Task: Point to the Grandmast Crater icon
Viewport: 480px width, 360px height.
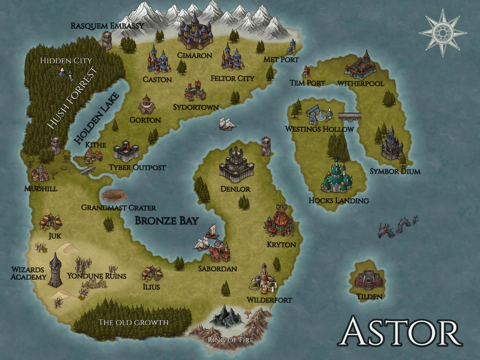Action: point(114,195)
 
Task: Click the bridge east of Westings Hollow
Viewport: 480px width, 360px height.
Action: point(350,116)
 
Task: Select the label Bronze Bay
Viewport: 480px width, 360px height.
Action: point(166,220)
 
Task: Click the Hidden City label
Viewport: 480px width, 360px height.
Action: point(66,61)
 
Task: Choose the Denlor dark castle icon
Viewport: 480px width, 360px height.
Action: point(236,164)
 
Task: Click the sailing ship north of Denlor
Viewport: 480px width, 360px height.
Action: point(227,124)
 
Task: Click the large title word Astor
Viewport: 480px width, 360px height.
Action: point(400,332)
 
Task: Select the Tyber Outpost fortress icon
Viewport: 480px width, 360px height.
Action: point(126,151)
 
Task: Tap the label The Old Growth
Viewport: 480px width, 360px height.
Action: point(134,322)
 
